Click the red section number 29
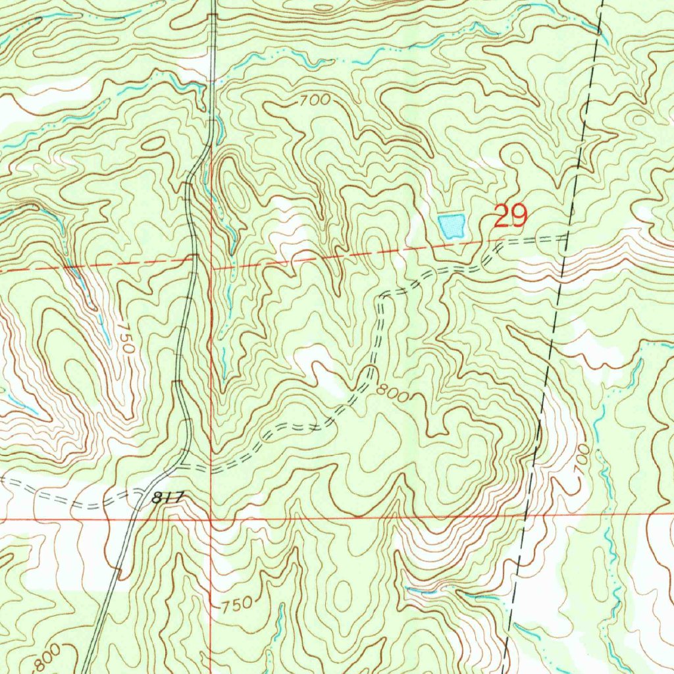[510, 217]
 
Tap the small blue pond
[452, 225]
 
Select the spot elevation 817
[164, 499]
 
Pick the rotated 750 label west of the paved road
[127, 339]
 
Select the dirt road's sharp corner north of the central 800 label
[381, 299]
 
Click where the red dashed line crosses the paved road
[193, 259]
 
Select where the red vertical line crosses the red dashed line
[211, 269]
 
